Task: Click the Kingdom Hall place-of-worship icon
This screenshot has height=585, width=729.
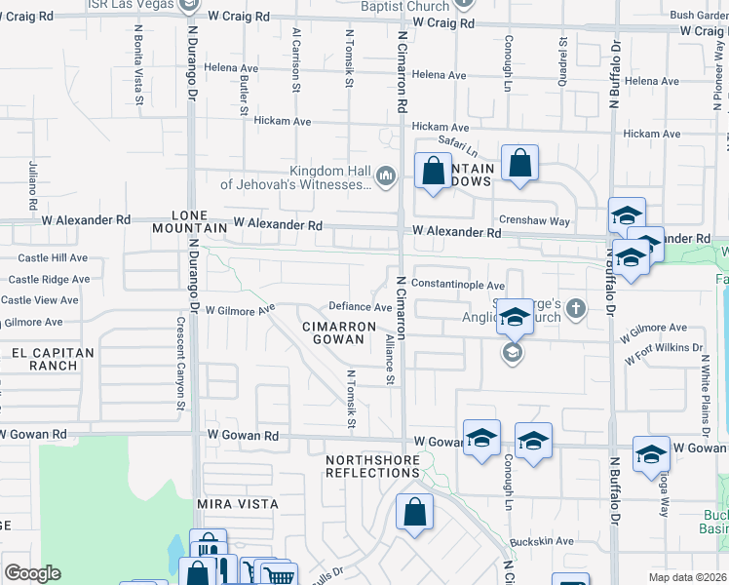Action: pos(386,175)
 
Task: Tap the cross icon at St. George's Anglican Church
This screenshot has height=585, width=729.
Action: pos(576,310)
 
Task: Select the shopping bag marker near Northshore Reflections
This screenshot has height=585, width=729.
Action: pos(415,512)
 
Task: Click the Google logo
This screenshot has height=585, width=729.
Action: pos(32,573)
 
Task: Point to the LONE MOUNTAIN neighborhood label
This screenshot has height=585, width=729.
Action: pos(190,220)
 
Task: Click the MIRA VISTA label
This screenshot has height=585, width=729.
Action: pos(238,504)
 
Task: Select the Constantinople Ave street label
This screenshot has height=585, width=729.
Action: pos(457,284)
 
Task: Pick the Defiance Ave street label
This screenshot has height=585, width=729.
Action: pos(361,307)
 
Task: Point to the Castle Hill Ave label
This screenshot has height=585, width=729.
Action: pos(54,258)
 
